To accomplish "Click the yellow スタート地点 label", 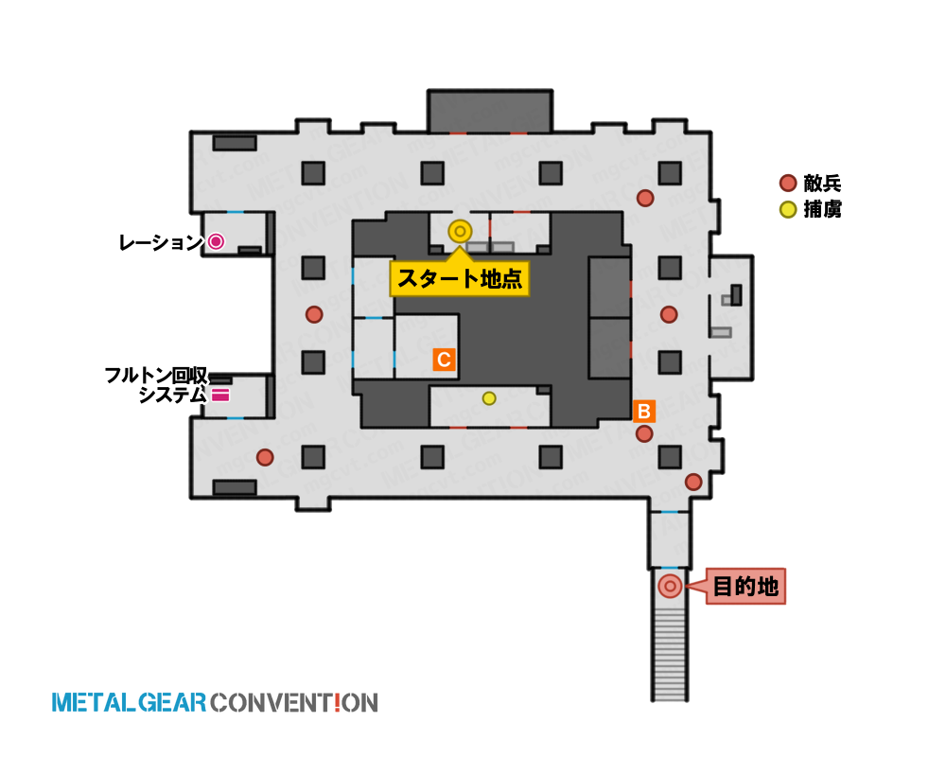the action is pos(460,278).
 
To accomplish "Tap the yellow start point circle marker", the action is pos(460,231).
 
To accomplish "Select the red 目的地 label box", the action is pos(745,586).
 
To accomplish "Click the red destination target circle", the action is pos(670,586).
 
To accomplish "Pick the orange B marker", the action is pos(643,411).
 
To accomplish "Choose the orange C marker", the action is pos(444,360).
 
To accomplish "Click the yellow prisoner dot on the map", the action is pos(489,398).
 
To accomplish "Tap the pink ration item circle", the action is pos(216,242).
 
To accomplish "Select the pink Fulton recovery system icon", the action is pos(220,396).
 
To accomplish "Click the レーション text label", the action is pos(161,242).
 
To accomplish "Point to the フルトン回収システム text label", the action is pos(156,385).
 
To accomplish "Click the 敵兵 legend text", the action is pos(822,183).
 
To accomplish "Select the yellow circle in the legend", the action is pos(788,209).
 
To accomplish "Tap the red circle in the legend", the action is pos(788,183).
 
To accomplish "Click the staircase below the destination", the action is pos(670,654).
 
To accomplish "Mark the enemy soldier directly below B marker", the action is pos(644,433).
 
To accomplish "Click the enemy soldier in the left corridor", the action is pos(314,314).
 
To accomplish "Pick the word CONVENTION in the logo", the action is pos(294,703).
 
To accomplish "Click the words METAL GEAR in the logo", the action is pos(129,703).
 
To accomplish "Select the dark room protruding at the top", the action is pos(490,112).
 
